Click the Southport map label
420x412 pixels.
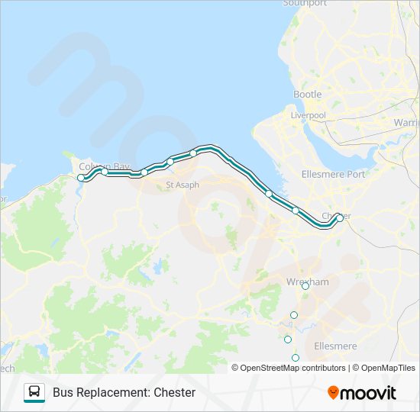[x=305, y=4]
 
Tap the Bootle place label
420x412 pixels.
[x=308, y=94]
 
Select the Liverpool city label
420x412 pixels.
[x=308, y=115]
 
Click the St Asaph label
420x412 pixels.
[x=182, y=185]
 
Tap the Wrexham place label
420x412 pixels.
[x=307, y=282]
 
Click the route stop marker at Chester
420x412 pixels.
[x=340, y=217]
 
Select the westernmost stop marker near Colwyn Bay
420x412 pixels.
[x=81, y=178]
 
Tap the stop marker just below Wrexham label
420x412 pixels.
[x=305, y=287]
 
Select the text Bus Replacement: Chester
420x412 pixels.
[x=124, y=393]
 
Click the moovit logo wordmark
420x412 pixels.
[x=369, y=393]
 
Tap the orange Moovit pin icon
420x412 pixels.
[x=334, y=393]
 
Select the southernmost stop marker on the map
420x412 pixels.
[x=296, y=358]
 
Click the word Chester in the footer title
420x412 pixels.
[x=175, y=393]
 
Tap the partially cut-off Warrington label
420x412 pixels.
[x=407, y=122]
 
